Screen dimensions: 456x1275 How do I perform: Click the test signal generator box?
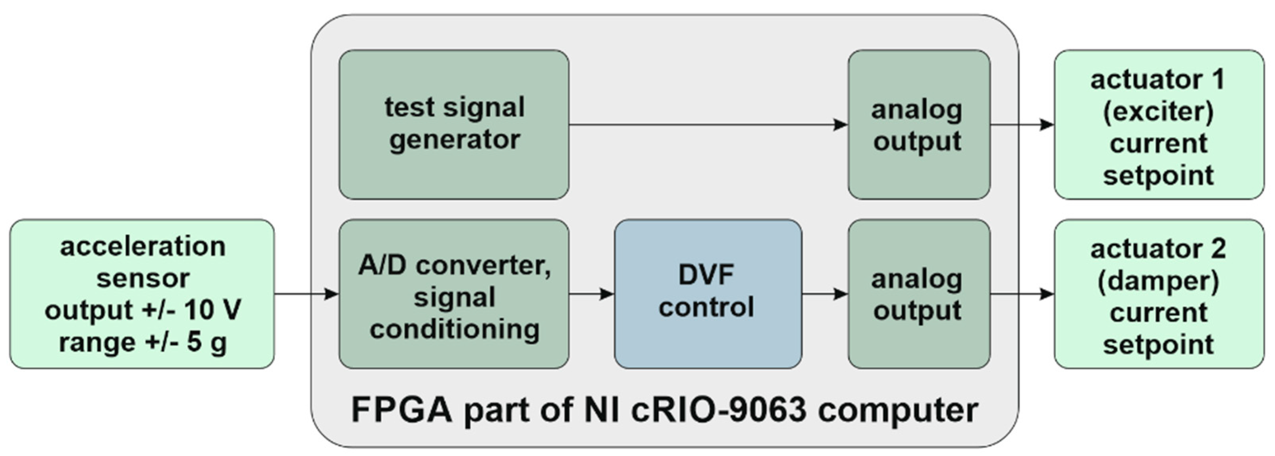tap(453, 124)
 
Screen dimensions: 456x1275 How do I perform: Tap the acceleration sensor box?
tap(142, 294)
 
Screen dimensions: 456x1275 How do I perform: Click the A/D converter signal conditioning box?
tap(453, 294)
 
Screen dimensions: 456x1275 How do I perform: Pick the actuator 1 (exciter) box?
tap(1158, 124)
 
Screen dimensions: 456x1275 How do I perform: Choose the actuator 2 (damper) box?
tap(1158, 294)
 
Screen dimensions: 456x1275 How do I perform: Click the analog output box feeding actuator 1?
tap(919, 124)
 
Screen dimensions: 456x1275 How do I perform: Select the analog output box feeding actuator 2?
tap(919, 294)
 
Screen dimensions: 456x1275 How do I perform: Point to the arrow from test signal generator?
tap(708, 124)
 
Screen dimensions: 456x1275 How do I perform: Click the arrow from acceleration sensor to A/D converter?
tap(307, 294)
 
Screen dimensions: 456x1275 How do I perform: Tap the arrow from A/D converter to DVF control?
tap(592, 294)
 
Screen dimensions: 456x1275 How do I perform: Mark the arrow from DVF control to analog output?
tap(825, 294)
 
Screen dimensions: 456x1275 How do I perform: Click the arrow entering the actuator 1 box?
tap(1022, 124)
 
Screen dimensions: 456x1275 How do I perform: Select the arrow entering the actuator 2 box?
tap(1022, 294)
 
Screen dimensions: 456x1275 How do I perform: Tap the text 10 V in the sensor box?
tap(213, 311)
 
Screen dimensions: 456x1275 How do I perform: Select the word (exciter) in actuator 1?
tap(1158, 111)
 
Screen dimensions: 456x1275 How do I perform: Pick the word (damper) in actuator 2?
tap(1158, 281)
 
